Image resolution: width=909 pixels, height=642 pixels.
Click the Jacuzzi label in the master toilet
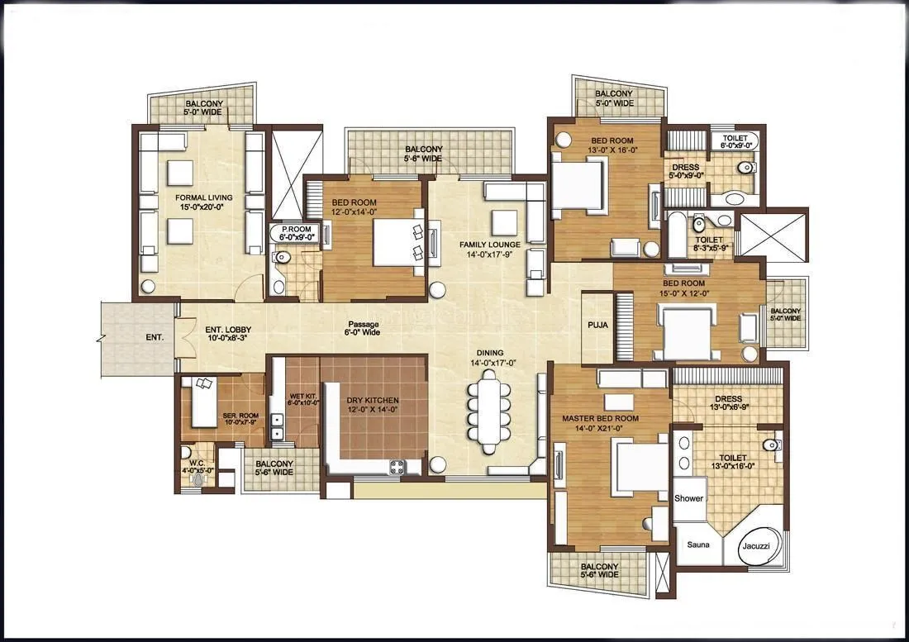point(754,545)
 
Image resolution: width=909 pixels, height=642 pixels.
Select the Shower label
point(688,498)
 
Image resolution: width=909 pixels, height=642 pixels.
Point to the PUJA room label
point(597,325)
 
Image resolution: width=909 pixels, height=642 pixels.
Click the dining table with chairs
point(489,411)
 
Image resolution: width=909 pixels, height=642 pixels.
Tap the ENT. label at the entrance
point(155,337)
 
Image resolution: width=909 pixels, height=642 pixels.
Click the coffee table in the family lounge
point(503,223)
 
